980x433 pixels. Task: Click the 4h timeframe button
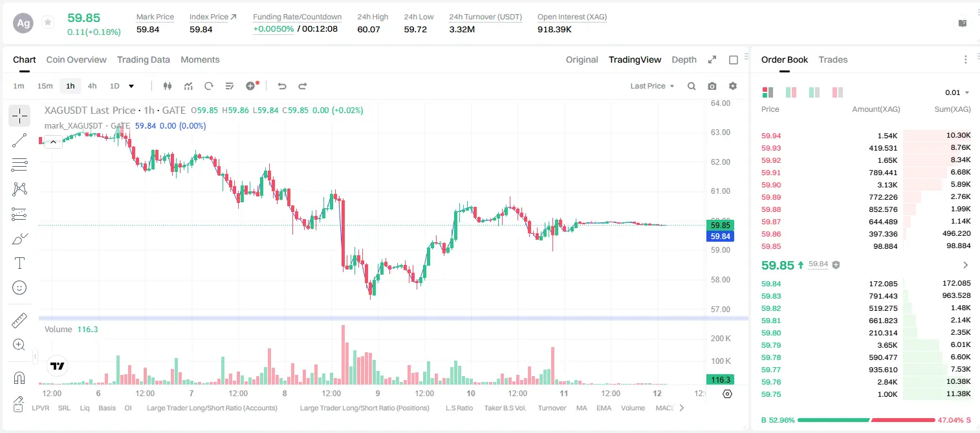click(x=92, y=86)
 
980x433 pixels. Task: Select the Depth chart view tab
click(x=684, y=60)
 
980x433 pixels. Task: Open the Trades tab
click(x=833, y=60)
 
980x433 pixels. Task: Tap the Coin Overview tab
click(x=76, y=60)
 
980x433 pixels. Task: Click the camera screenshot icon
click(x=712, y=86)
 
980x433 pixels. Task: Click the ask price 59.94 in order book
click(x=771, y=136)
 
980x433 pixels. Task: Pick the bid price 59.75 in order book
click(x=771, y=394)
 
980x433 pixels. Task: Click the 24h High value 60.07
click(x=369, y=29)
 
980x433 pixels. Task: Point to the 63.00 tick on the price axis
click(x=721, y=132)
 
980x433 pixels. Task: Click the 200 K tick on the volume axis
click(x=721, y=339)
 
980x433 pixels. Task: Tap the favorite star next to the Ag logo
click(x=48, y=22)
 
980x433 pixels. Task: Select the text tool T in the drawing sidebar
click(x=19, y=263)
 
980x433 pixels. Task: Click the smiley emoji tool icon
click(x=19, y=288)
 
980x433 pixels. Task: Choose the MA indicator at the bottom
click(x=582, y=408)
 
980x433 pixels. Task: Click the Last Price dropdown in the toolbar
click(x=652, y=86)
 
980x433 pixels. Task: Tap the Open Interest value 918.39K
click(x=554, y=29)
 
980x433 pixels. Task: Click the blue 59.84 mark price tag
click(x=720, y=237)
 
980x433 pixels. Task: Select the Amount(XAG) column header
click(x=876, y=109)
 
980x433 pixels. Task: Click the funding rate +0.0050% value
click(x=274, y=29)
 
